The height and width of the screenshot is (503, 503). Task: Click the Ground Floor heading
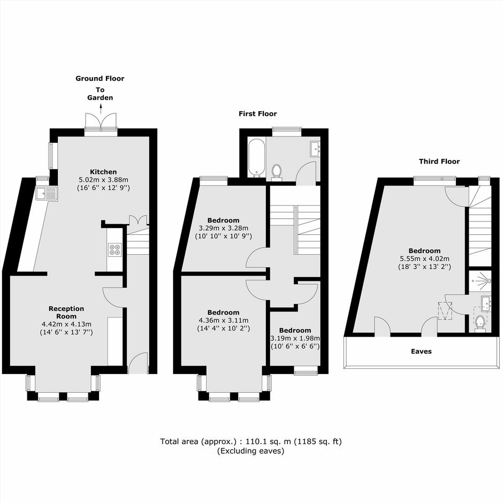(x=100, y=79)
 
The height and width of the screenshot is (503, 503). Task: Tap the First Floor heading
(x=257, y=113)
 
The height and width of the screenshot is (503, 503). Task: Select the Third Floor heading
(x=439, y=162)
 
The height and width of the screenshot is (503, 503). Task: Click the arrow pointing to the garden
(x=101, y=109)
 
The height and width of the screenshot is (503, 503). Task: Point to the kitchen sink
(x=47, y=194)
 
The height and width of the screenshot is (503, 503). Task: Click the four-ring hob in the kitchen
(x=115, y=249)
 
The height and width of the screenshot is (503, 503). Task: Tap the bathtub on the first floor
(x=257, y=157)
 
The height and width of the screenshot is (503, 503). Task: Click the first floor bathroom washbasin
(x=315, y=149)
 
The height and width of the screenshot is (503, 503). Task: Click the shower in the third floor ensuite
(x=480, y=281)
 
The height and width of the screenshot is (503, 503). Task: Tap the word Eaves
(x=421, y=352)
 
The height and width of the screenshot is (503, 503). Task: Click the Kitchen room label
(x=103, y=172)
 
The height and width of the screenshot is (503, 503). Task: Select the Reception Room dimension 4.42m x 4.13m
(x=66, y=324)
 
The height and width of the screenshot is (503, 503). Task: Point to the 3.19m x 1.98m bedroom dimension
(x=295, y=338)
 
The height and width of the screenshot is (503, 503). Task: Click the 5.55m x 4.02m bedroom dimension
(x=424, y=258)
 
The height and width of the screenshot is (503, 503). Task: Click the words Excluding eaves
(x=250, y=451)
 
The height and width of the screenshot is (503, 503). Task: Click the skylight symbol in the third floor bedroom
(x=445, y=310)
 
